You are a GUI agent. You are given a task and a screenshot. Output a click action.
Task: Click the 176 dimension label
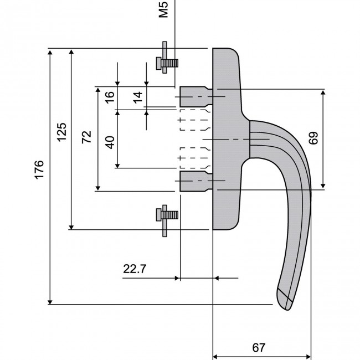(38, 168)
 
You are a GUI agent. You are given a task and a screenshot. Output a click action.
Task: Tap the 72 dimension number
(86, 137)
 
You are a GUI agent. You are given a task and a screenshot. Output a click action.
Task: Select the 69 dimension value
(314, 138)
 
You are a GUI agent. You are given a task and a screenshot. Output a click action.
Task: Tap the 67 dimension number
(258, 348)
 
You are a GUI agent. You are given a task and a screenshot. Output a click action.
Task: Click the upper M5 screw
(166, 62)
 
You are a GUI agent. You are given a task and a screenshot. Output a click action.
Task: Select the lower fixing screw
(166, 214)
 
